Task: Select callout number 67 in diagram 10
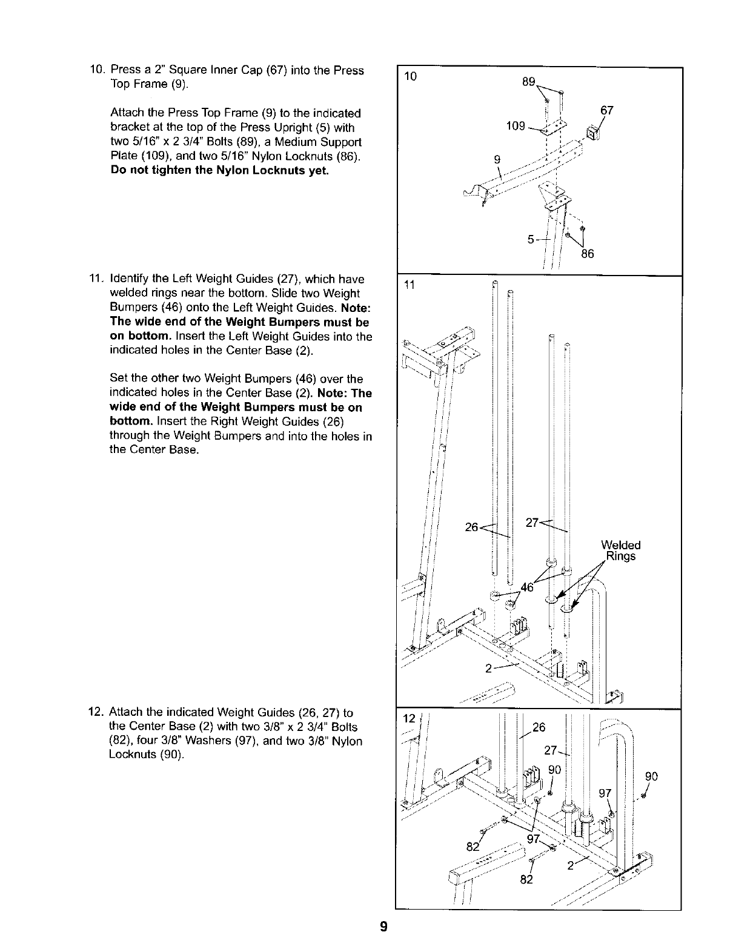606,111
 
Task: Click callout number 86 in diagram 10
587,254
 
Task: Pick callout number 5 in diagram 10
531,239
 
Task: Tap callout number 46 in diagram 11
528,586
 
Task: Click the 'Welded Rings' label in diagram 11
620,550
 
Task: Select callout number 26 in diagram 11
472,527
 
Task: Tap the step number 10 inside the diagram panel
410,76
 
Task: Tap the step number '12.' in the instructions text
98,712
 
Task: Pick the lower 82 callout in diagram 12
526,879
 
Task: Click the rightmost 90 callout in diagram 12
651,777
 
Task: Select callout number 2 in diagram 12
570,865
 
